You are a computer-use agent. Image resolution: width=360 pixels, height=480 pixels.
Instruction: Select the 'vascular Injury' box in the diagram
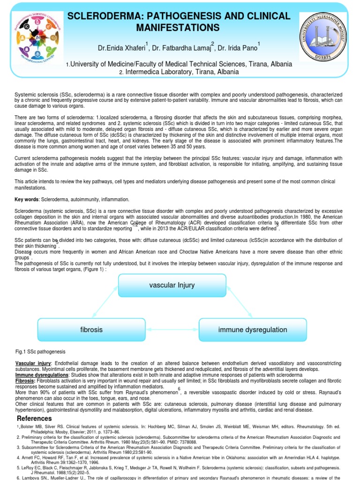tap(172, 285)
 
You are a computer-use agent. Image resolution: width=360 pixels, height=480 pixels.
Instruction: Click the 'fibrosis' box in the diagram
tap(91, 330)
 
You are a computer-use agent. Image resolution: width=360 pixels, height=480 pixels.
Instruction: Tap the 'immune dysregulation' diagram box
tap(253, 330)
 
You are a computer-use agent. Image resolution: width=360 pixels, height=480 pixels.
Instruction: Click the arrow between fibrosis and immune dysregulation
tap(172, 330)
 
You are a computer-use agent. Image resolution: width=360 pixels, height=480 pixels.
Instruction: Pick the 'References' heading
tap(34, 418)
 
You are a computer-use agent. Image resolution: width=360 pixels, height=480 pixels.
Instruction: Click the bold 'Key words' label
tap(27, 199)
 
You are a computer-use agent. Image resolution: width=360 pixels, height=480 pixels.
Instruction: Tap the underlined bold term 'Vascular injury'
tap(32, 364)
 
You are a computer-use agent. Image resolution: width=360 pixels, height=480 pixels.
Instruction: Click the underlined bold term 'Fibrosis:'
tap(26, 381)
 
